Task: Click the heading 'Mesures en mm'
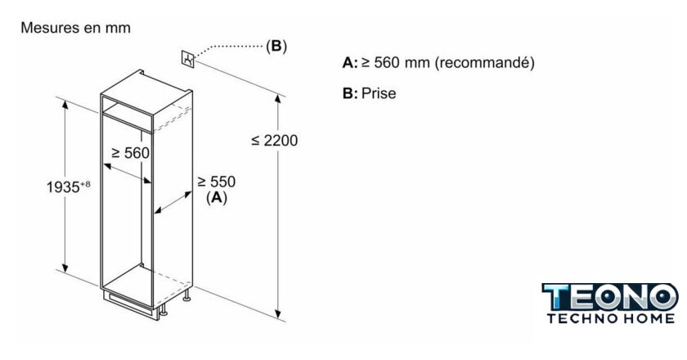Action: [x=75, y=28]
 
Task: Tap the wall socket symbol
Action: [x=188, y=59]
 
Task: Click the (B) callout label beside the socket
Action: [x=276, y=46]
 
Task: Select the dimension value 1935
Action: [x=63, y=187]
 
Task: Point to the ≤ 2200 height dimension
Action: [x=275, y=140]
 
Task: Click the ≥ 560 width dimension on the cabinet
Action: [x=131, y=153]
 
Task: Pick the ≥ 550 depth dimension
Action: [x=217, y=182]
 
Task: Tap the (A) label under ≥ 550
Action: [x=217, y=198]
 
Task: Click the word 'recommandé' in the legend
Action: [x=484, y=63]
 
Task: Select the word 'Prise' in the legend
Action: [x=379, y=93]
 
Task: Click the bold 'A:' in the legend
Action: [x=350, y=63]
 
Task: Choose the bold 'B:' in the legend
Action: [x=350, y=93]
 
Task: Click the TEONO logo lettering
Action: [x=609, y=297]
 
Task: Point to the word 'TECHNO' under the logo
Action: [x=581, y=318]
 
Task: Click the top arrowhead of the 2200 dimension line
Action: [x=278, y=98]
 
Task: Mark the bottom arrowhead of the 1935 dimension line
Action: [x=65, y=267]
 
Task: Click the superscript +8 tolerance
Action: [x=85, y=184]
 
